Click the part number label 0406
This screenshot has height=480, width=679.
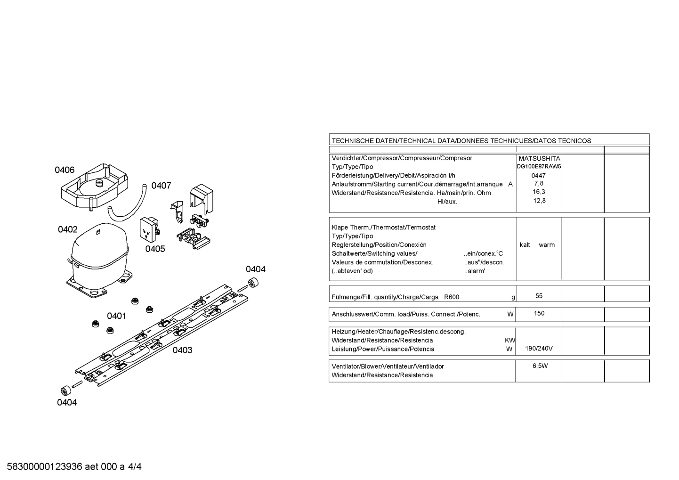pyautogui.click(x=65, y=170)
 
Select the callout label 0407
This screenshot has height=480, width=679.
pyautogui.click(x=161, y=186)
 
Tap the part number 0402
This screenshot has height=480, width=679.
pyautogui.click(x=68, y=229)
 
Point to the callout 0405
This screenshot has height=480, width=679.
pyautogui.click(x=155, y=249)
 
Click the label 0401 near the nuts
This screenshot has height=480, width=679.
pyautogui.click(x=116, y=316)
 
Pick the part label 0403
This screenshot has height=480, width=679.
pyautogui.click(x=183, y=350)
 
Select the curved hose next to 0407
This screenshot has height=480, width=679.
pyautogui.click(x=127, y=203)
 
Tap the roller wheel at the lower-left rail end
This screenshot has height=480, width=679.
pyautogui.click(x=66, y=391)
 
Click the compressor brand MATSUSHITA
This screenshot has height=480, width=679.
pyautogui.click(x=540, y=159)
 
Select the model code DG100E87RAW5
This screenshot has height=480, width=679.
pyautogui.click(x=539, y=166)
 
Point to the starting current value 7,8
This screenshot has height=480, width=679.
pyautogui.click(x=539, y=183)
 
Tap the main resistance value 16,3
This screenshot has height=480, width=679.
pyautogui.click(x=539, y=192)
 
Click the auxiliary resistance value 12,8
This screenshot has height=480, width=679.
pyautogui.click(x=539, y=201)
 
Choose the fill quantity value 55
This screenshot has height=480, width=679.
pyautogui.click(x=539, y=296)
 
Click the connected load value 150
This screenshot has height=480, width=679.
pyautogui.click(x=539, y=313)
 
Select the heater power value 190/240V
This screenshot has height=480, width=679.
pyautogui.click(x=539, y=349)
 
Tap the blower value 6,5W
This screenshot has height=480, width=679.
pyautogui.click(x=540, y=366)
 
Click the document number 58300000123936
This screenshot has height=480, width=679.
pyautogui.click(x=45, y=467)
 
